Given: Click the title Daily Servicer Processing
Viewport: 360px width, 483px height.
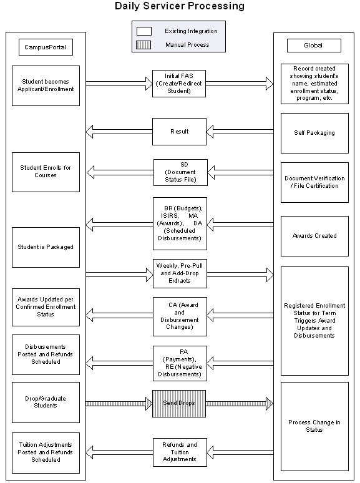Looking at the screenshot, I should point(180,6).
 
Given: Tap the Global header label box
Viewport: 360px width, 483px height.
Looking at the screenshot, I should point(314,46).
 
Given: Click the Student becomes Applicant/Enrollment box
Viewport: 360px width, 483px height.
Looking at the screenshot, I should point(46,85).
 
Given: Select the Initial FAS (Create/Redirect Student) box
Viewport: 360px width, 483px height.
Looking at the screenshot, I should point(180,83).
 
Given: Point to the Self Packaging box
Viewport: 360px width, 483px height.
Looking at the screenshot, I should point(314,133).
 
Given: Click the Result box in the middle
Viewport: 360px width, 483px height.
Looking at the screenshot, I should point(180,132).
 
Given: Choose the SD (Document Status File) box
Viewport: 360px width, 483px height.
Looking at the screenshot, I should point(180,172).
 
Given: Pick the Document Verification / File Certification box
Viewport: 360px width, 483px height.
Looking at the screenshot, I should point(314,182).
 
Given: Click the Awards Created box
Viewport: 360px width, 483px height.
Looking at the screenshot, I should point(314,236).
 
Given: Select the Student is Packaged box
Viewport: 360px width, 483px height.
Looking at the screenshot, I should point(46,246).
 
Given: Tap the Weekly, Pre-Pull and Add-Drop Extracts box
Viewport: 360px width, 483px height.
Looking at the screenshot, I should point(180,273).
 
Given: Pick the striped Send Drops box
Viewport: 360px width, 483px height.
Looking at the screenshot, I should point(180,404).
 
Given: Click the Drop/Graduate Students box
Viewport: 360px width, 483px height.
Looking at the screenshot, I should point(46,402).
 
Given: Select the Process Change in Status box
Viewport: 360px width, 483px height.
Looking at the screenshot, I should point(314,426).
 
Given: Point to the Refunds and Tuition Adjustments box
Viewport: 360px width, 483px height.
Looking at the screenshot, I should point(180,452).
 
